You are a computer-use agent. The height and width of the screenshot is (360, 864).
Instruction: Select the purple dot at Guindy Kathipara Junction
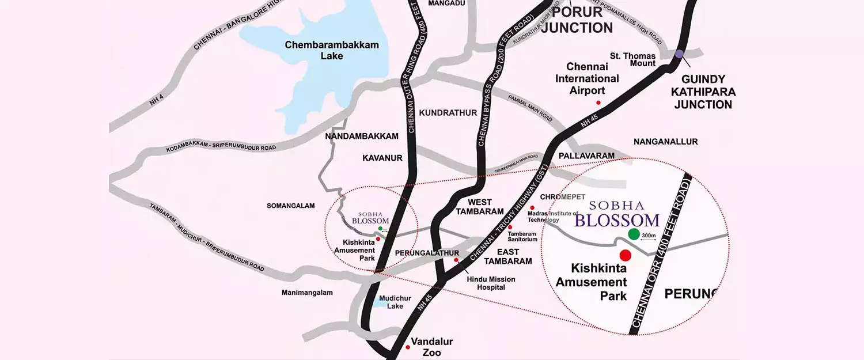point(679,54)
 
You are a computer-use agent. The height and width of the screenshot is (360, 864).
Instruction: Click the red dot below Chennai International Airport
point(598,103)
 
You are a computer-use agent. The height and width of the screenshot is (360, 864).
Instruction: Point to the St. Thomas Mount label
point(633,59)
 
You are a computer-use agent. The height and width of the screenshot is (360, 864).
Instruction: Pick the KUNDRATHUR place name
point(448,112)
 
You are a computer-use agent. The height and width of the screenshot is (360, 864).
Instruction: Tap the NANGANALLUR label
point(665,142)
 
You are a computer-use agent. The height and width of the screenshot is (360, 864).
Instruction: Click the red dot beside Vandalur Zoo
point(408,347)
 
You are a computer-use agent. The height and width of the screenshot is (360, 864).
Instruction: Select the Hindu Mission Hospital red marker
point(457,260)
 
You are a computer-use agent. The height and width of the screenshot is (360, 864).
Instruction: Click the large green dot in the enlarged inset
point(634,234)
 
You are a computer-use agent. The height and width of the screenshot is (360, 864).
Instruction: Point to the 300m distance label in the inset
point(650,235)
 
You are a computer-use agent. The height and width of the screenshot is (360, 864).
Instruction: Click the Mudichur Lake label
point(391,302)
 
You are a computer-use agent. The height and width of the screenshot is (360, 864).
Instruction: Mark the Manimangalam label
point(307,293)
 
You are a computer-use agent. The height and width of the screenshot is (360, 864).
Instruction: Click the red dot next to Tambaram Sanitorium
point(510,228)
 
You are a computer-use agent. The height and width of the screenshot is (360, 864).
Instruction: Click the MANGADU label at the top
point(446,3)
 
